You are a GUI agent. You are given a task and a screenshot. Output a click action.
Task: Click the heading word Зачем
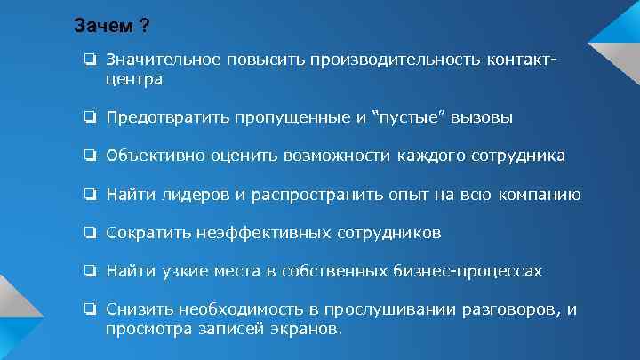[x=100, y=27]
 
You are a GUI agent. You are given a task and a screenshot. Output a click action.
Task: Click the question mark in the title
[x=143, y=27]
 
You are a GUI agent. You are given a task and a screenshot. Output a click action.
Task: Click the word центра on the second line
[x=133, y=79]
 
